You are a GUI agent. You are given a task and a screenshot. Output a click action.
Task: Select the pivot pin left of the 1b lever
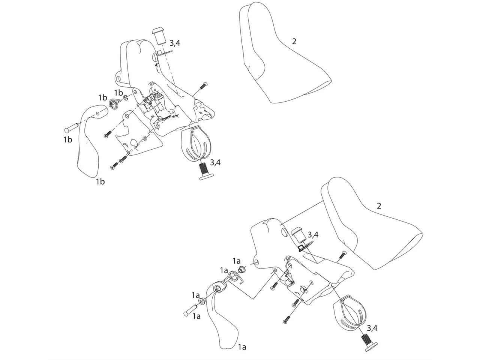[71, 127]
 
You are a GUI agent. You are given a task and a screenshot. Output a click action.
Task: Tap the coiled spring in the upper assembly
[114, 103]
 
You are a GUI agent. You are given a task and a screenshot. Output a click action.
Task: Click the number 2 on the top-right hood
[294, 42]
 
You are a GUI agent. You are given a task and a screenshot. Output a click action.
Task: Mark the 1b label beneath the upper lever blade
[100, 181]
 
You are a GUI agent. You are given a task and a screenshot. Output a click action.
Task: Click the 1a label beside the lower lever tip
[242, 347]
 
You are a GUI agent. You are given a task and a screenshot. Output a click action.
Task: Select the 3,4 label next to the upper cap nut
[175, 43]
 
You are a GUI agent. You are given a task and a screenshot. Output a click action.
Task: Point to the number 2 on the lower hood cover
[379, 206]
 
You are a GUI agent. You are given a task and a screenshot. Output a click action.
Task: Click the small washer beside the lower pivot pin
[202, 301]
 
